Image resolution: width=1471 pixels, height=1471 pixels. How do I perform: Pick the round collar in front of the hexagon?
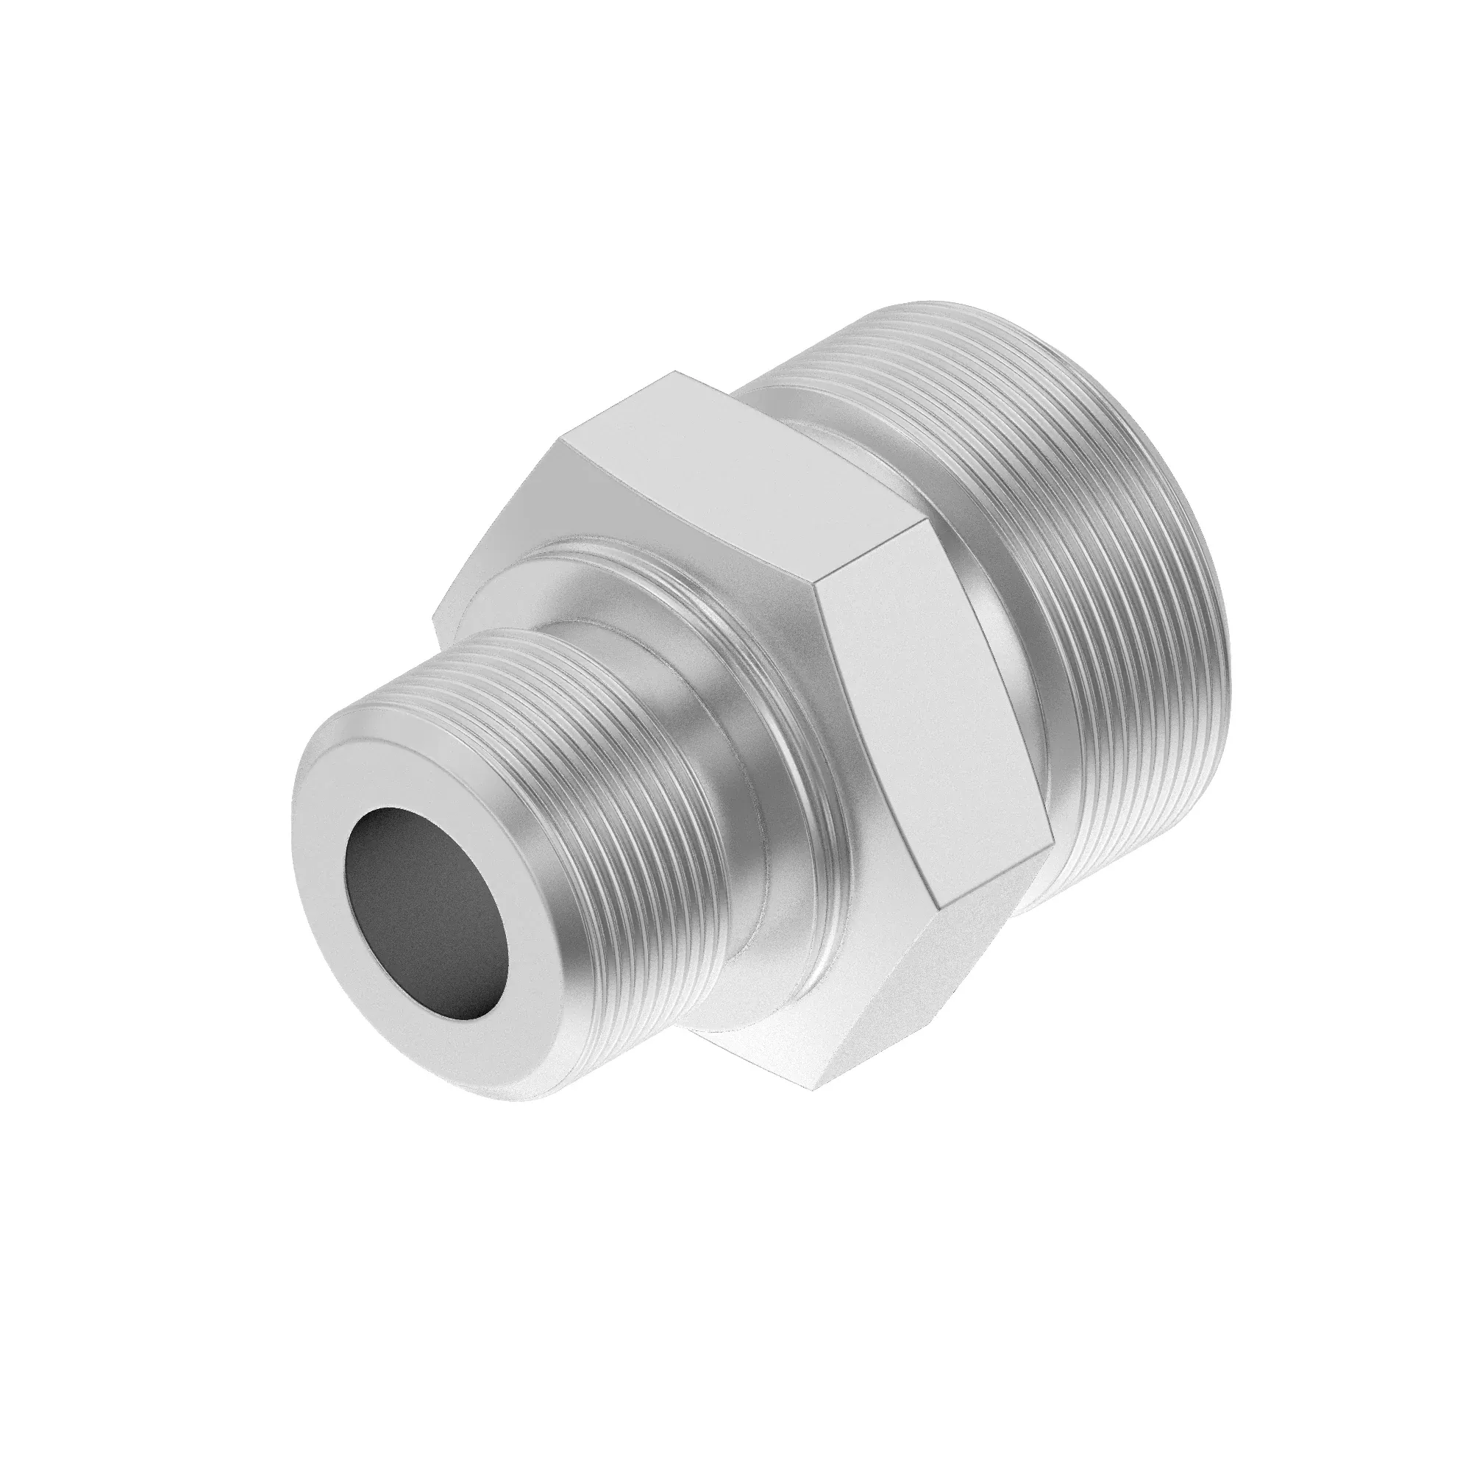769,663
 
